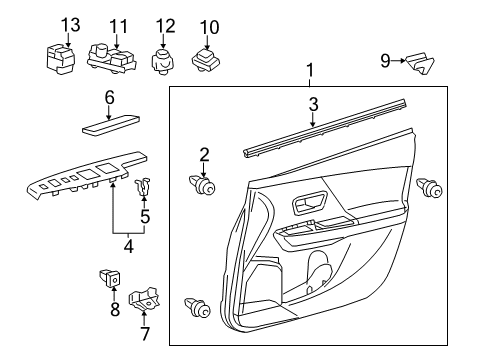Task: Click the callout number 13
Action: coord(69,24)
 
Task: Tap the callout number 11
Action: coord(119,24)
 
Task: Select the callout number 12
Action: coord(165,24)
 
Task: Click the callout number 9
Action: coord(385,62)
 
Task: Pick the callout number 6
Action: coord(111,97)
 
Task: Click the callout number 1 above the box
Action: coord(310,71)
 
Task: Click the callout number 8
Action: coord(114,310)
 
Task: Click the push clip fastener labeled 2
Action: coord(204,186)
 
